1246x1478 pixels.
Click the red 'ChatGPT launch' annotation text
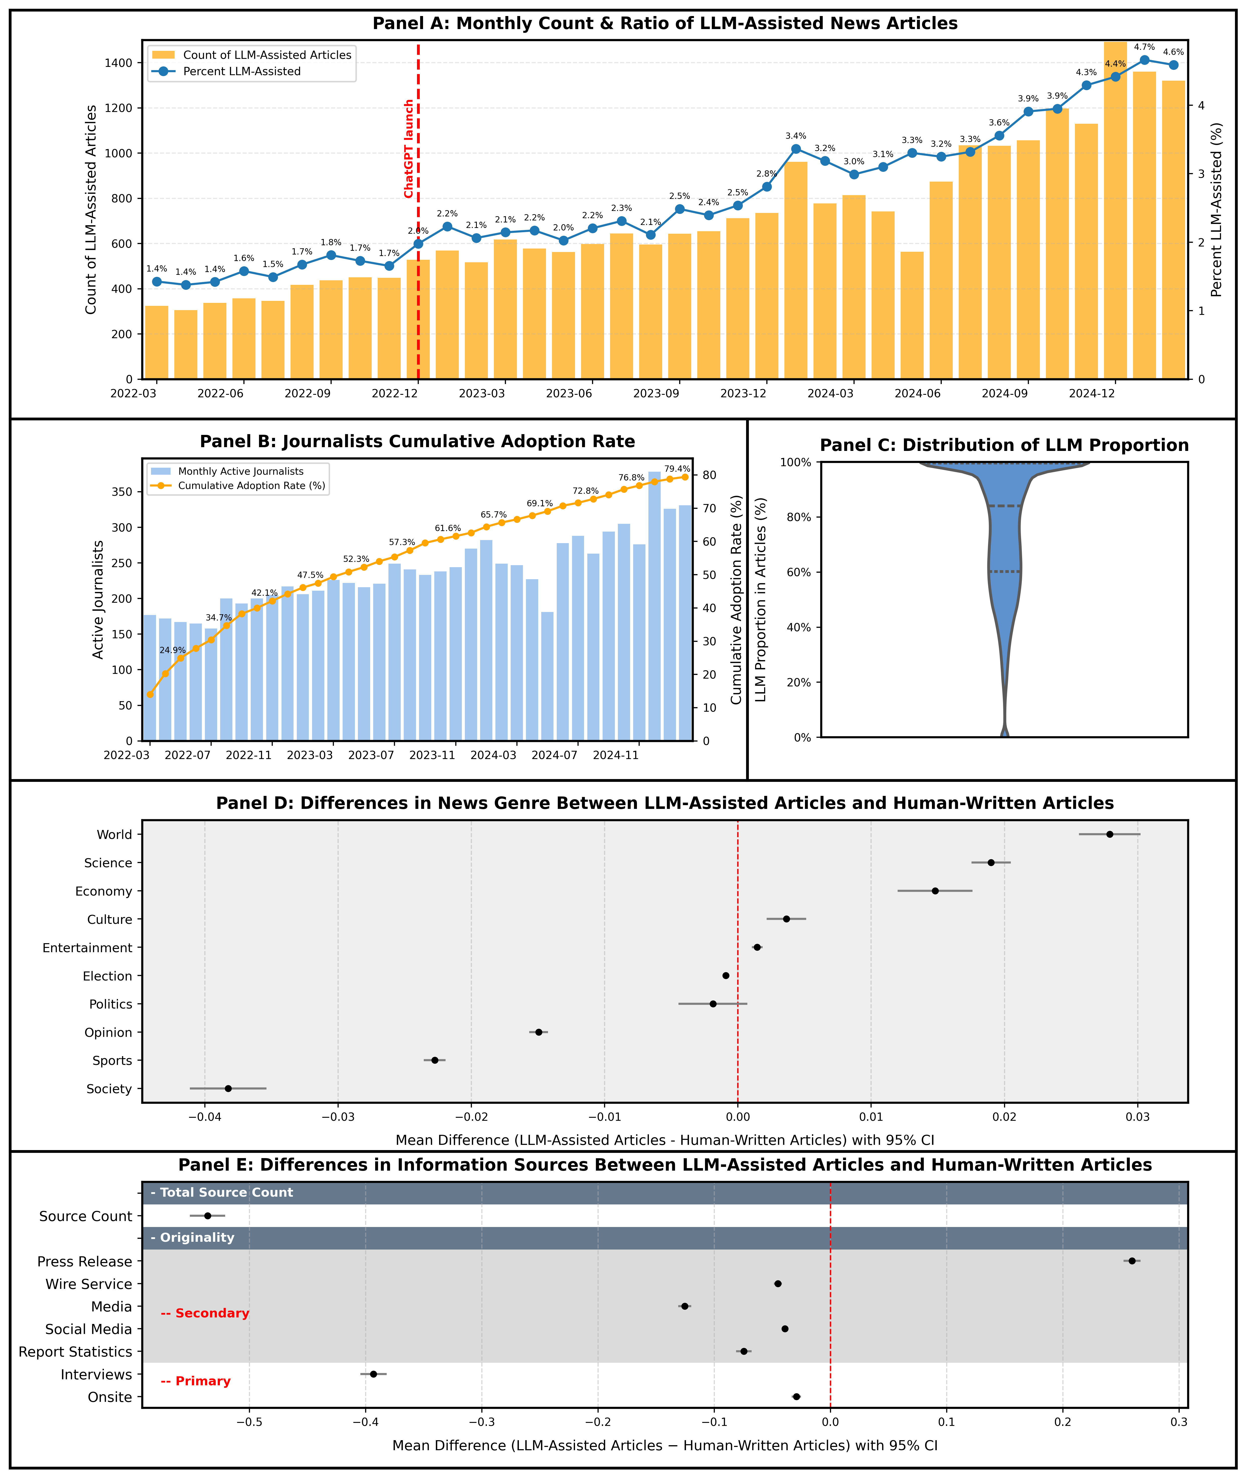[409, 148]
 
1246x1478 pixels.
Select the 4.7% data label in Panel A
[1144, 47]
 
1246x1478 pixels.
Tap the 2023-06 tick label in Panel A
[569, 394]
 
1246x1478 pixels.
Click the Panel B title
[418, 442]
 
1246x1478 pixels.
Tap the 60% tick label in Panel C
[798, 572]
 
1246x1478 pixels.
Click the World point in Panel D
[1110, 834]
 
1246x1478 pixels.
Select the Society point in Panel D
[228, 1089]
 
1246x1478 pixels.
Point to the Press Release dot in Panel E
[1132, 1261]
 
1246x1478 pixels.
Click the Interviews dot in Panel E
[374, 1374]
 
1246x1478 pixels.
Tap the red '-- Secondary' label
[205, 1313]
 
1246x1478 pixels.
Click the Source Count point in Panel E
[208, 1216]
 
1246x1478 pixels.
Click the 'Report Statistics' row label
[76, 1351]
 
